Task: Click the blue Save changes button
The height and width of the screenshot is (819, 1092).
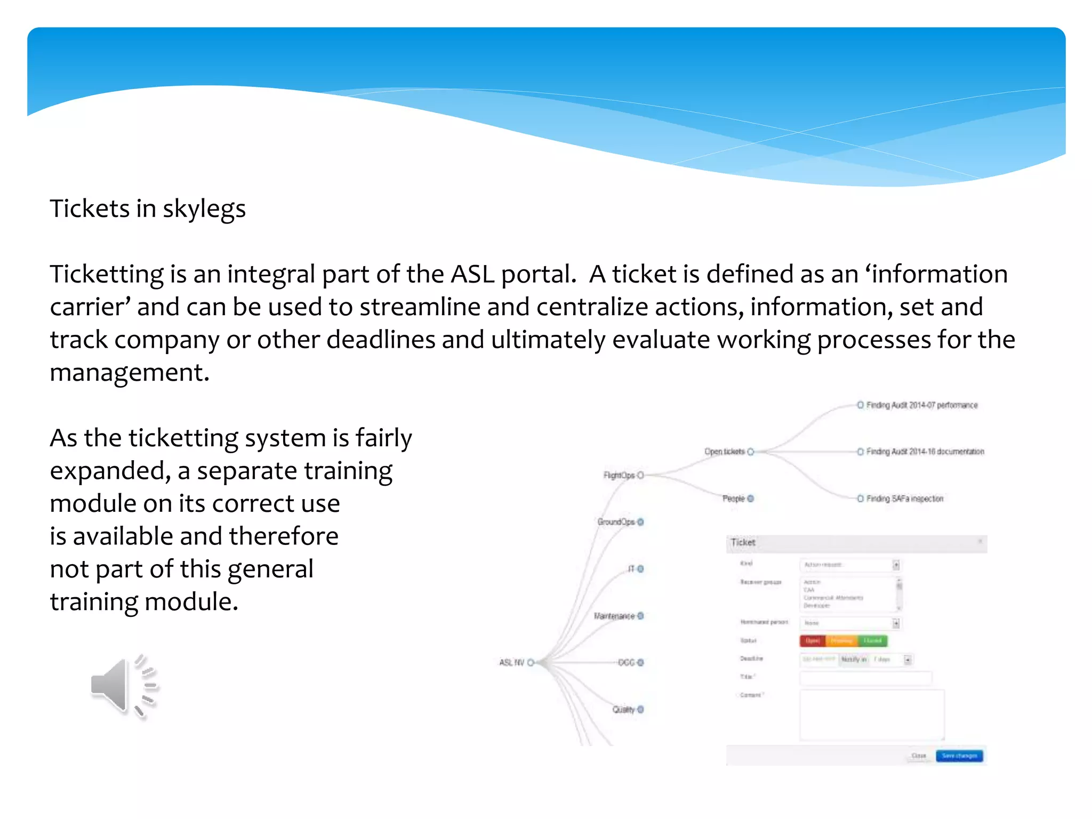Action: pyautogui.click(x=959, y=756)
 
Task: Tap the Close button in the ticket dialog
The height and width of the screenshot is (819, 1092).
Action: pyautogui.click(x=919, y=756)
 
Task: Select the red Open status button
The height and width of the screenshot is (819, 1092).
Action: pyautogui.click(x=812, y=640)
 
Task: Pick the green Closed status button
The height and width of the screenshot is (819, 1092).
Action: pyautogui.click(x=872, y=640)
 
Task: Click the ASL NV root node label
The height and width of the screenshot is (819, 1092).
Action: pyautogui.click(x=511, y=662)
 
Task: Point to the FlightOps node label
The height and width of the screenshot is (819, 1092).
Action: pyautogui.click(x=619, y=475)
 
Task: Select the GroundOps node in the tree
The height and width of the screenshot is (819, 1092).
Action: pyautogui.click(x=616, y=521)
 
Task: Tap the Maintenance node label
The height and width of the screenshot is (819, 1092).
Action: pyautogui.click(x=614, y=616)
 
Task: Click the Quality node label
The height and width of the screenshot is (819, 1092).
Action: pyautogui.click(x=623, y=709)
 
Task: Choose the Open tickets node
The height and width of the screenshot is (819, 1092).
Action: pyautogui.click(x=724, y=452)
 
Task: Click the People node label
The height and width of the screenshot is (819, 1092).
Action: pyautogui.click(x=733, y=499)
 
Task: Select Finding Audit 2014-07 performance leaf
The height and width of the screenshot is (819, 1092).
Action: pyautogui.click(x=921, y=405)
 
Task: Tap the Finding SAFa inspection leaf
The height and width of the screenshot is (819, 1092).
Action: pyautogui.click(x=904, y=499)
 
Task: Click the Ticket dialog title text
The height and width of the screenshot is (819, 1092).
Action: pyautogui.click(x=743, y=542)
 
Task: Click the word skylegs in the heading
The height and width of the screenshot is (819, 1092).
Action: pyautogui.click(x=204, y=208)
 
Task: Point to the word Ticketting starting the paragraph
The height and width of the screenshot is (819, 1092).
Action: pyautogui.click(x=107, y=275)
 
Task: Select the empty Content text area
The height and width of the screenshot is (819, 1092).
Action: pyautogui.click(x=871, y=714)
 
